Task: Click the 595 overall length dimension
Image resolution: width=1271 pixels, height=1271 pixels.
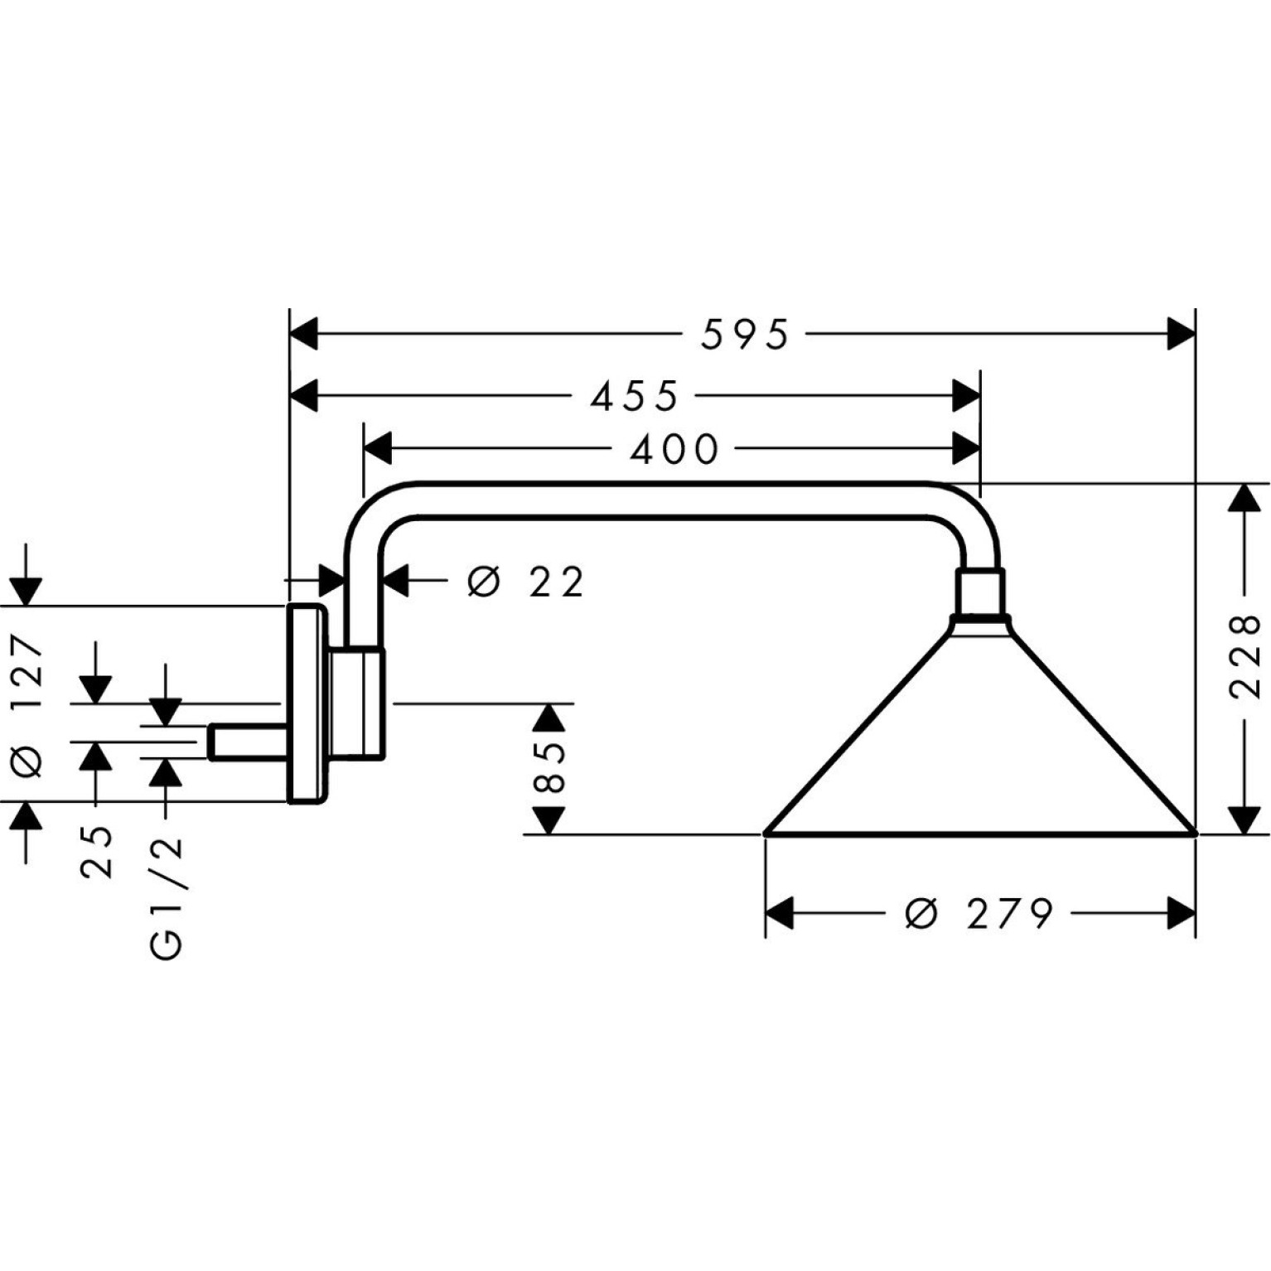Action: click(745, 336)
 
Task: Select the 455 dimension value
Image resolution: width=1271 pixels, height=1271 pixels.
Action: click(635, 397)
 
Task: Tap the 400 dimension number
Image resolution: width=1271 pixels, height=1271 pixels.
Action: click(674, 450)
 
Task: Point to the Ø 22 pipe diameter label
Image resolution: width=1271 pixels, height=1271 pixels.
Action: click(526, 582)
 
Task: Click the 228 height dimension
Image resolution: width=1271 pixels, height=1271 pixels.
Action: click(1245, 657)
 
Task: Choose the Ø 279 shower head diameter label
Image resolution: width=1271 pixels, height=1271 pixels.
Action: click(979, 914)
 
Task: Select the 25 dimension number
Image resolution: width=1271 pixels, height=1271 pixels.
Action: click(96, 852)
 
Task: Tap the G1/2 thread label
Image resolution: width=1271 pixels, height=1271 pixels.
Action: click(167, 898)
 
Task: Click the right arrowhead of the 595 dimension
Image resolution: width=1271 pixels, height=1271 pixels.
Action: click(1182, 335)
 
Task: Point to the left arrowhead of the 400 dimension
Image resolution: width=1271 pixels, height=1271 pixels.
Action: click(378, 449)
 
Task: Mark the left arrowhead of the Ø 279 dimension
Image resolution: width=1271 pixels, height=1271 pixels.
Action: click(780, 914)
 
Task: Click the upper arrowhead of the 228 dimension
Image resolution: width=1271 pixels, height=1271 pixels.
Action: click(1244, 497)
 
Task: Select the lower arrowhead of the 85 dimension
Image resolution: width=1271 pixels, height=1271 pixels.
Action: click(549, 820)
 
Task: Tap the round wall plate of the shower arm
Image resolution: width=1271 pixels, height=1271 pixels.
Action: click(307, 703)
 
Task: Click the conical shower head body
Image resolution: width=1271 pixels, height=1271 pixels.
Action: click(979, 729)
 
